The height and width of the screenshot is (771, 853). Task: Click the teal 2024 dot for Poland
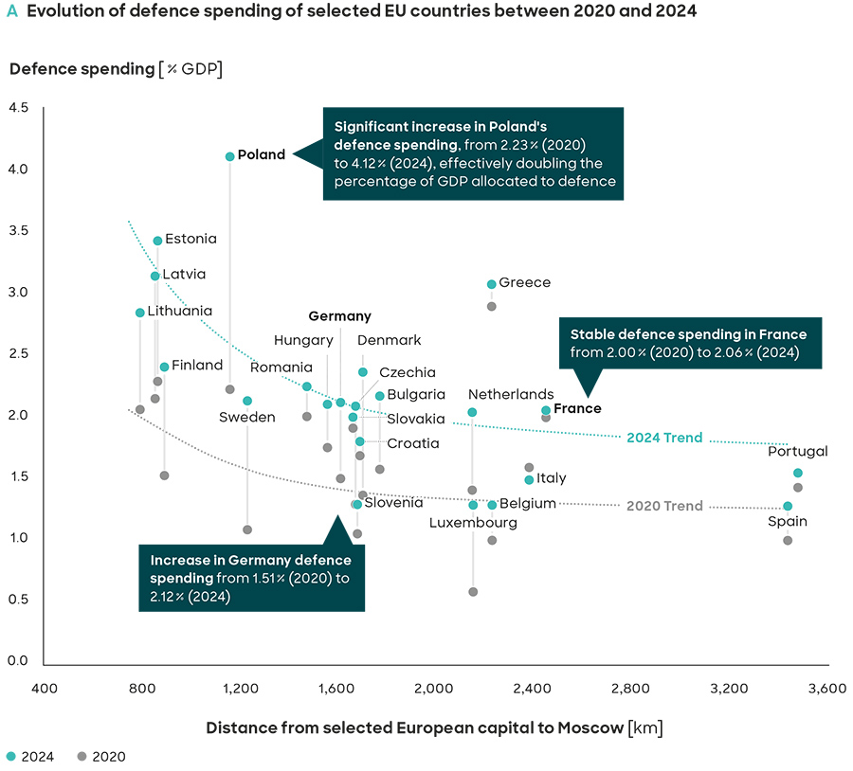(229, 156)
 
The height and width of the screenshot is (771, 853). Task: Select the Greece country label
(524, 282)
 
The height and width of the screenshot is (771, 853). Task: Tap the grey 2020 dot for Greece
(492, 306)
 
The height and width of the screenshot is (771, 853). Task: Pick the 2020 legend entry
(101, 756)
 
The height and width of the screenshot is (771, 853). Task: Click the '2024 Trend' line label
(664, 438)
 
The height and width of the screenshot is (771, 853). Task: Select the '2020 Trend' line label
(664, 506)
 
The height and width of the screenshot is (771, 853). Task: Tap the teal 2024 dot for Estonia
(157, 241)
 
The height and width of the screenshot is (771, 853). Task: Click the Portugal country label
(797, 451)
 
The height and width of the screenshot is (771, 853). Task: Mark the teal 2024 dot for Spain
(788, 506)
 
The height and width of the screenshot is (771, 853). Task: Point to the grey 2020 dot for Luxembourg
(473, 592)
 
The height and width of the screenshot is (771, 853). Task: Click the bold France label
(577, 408)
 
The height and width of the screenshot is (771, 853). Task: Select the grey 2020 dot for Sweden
(247, 529)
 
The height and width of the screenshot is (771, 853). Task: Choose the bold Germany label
(339, 316)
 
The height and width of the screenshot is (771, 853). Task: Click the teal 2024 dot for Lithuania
(140, 313)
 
